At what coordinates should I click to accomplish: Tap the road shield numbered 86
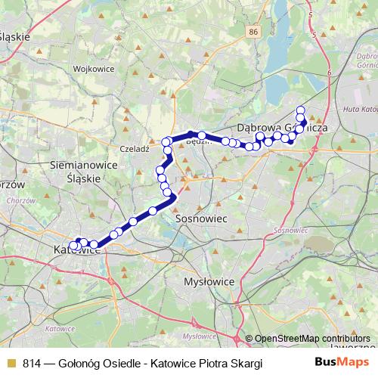[x=253, y=32]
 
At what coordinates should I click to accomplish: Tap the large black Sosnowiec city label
[x=202, y=217]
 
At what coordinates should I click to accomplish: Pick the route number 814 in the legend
[x=32, y=364]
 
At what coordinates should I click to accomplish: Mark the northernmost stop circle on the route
[x=301, y=110]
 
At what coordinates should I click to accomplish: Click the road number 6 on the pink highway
[x=330, y=72]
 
